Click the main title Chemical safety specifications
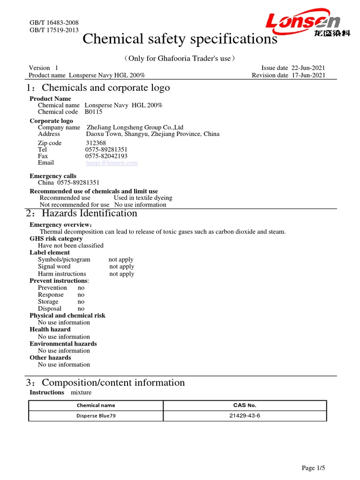[180, 39]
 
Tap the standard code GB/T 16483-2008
[54, 23]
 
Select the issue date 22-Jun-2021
[308, 68]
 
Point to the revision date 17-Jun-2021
[308, 75]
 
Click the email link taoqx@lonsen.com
[112, 163]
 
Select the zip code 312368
[96, 143]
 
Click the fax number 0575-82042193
[106, 156]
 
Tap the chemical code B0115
[93, 112]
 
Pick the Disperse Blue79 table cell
[96, 415]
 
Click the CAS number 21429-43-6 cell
[245, 415]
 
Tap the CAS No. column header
[245, 405]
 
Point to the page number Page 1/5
[313, 468]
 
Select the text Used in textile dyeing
[143, 198]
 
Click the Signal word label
[54, 266]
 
